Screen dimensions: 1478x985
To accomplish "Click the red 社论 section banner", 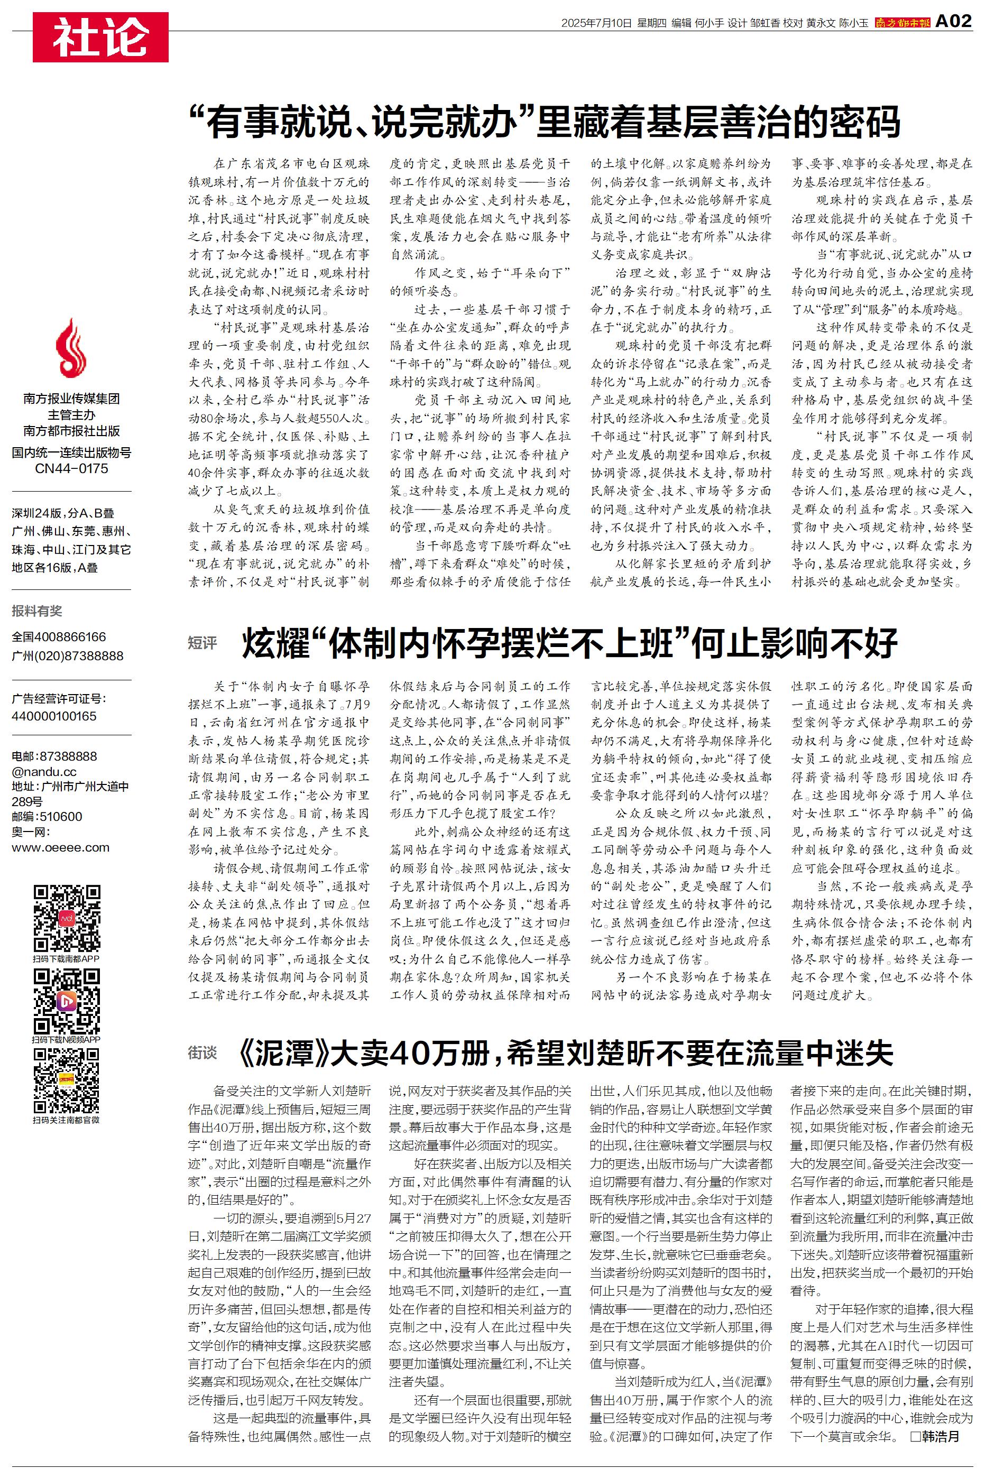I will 100,37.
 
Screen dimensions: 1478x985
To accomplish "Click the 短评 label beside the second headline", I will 202,643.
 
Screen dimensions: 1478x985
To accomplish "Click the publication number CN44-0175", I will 71,468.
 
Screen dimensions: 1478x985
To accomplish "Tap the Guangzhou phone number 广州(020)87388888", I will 67,655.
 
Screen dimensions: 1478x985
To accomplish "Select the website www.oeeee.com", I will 60,847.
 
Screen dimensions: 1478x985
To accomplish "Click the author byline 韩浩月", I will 941,1436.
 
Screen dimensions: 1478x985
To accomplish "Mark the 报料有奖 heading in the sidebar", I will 37,611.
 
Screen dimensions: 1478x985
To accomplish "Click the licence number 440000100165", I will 54,716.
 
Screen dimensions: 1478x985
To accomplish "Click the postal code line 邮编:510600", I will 47,816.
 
